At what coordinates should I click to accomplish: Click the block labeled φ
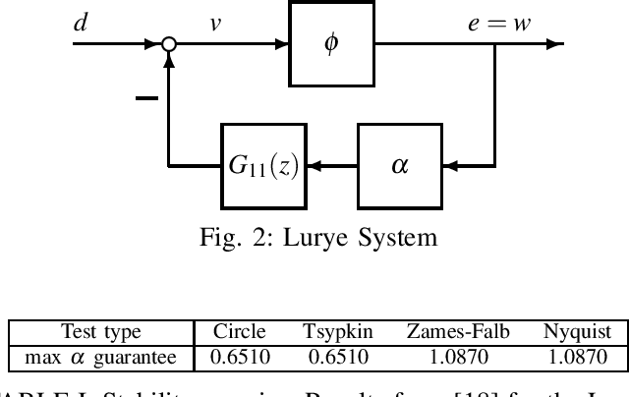pos(331,45)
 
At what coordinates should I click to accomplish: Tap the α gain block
pos(398,166)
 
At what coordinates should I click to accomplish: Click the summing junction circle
pos(169,45)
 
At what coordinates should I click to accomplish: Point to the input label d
pos(80,23)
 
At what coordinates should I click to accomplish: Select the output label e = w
pos(498,23)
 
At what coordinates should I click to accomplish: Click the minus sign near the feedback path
pos(145,98)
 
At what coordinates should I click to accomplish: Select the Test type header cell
pos(101,332)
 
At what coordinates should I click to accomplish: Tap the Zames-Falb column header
pos(458,332)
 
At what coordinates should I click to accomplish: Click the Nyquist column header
pos(577,332)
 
